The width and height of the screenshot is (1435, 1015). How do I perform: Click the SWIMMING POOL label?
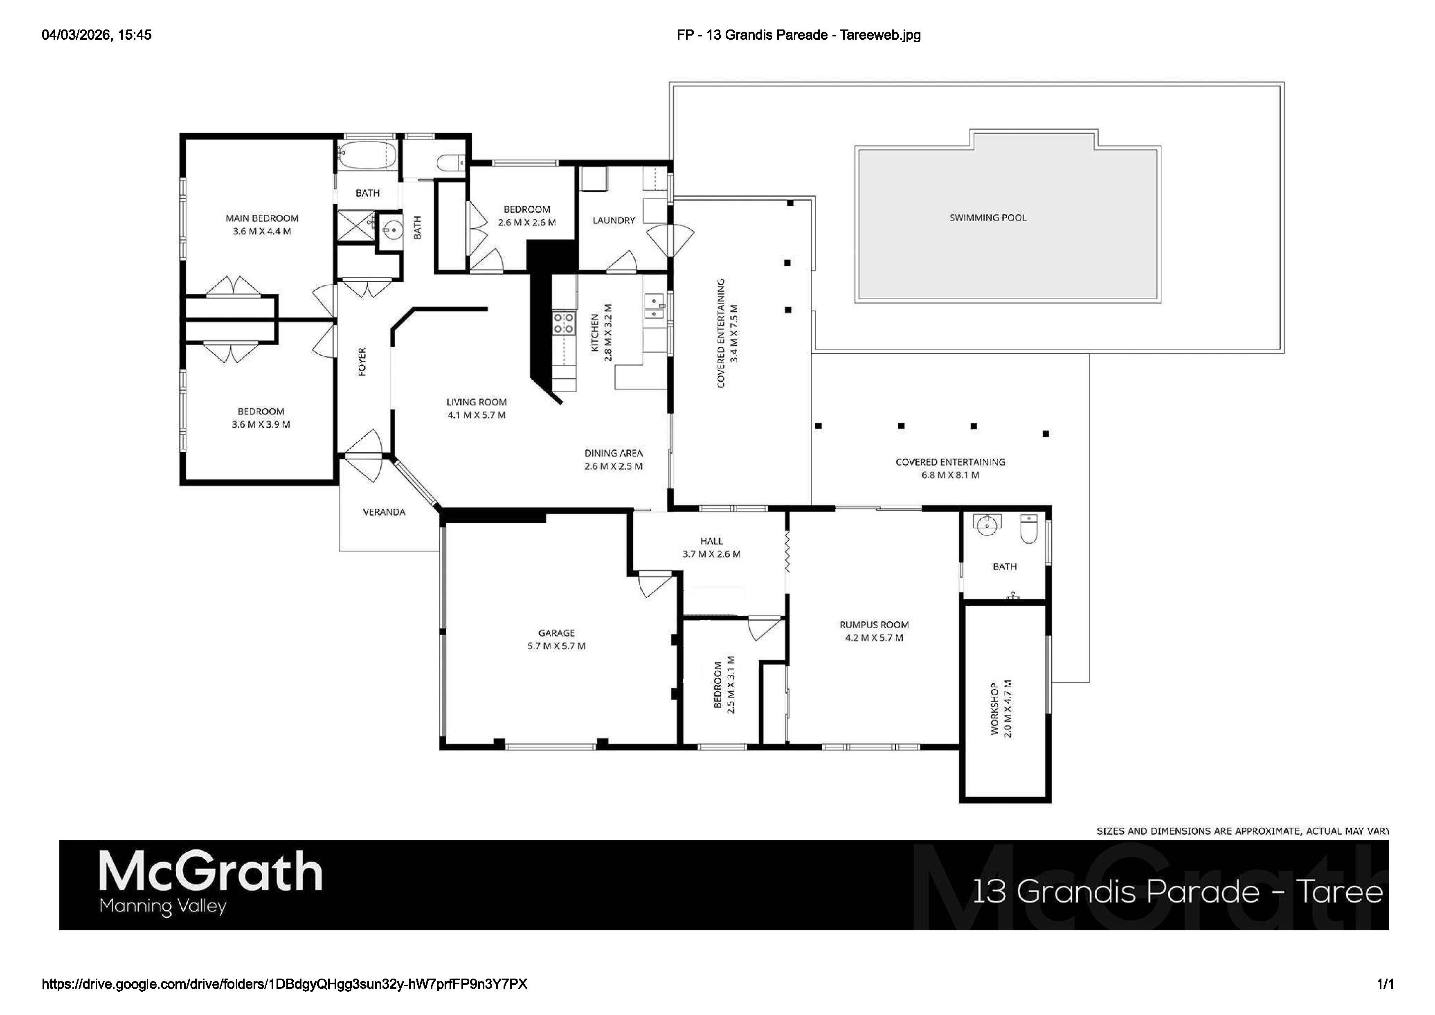tap(987, 218)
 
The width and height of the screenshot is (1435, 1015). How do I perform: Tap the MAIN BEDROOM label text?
tap(262, 218)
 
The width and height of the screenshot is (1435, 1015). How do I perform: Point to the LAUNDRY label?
tap(613, 220)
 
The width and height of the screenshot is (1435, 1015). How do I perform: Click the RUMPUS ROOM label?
tap(874, 624)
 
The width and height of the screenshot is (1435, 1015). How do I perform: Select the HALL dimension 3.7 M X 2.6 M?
tap(711, 554)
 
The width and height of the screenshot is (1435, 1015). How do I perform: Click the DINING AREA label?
tap(613, 453)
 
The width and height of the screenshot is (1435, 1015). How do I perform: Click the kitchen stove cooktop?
tap(563, 322)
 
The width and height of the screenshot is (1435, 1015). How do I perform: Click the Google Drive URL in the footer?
tap(284, 984)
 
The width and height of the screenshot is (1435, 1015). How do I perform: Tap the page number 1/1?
tap(1385, 984)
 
